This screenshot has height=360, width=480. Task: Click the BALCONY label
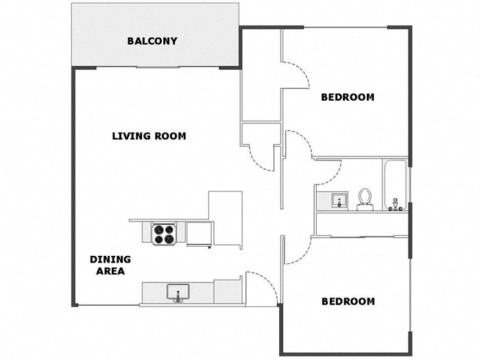point(152,41)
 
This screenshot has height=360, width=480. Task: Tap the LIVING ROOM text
point(149,136)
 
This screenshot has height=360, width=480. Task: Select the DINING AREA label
point(110,265)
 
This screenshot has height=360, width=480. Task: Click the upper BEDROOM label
point(348,97)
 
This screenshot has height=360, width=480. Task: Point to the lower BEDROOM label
point(348,302)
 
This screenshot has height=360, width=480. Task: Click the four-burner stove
point(164,235)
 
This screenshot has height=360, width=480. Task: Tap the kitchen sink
point(178,291)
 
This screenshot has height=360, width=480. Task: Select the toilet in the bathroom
point(365,200)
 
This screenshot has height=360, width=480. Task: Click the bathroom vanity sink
point(339,200)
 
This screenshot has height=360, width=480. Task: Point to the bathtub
point(395,185)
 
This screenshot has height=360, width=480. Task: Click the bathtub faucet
point(395,204)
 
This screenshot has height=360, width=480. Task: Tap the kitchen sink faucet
point(178,296)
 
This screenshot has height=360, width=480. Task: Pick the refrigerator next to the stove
point(200,234)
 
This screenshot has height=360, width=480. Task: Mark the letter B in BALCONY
point(131,41)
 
